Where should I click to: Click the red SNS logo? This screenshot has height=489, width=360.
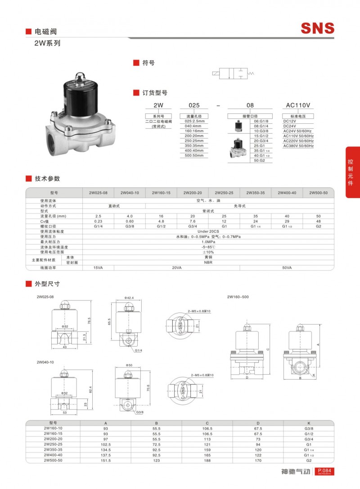coord(318,28)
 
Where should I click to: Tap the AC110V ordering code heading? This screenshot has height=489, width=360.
coord(298,105)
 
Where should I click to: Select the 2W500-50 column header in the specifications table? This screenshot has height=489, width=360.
coord(318,193)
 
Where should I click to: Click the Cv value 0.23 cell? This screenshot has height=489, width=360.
coord(98,221)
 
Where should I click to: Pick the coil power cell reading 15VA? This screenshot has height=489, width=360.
coord(98,267)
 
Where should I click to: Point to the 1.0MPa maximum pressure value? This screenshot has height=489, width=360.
coord(208,242)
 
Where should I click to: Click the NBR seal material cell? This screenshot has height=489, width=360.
coord(208,262)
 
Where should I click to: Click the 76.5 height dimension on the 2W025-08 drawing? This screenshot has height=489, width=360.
coord(89,320)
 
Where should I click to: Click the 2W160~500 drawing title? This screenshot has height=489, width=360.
coord(238,297)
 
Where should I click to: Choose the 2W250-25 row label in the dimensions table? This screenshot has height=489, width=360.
coord(54,444)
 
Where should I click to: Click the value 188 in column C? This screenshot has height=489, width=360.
coord(208,460)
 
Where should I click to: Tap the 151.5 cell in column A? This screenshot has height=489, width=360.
coord(106,460)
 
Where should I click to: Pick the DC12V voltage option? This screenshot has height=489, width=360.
coord(289,121)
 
